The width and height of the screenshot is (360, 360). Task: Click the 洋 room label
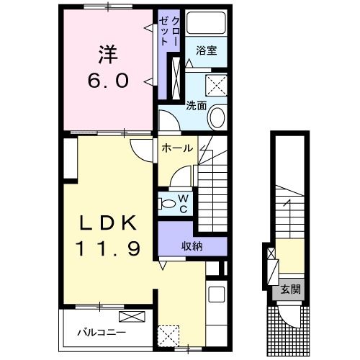pyautogui.click(x=108, y=55)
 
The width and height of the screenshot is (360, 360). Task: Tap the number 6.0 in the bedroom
pyautogui.click(x=108, y=81)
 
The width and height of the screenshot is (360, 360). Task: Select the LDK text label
pyautogui.click(x=108, y=222)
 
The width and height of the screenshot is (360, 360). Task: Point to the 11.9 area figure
pyautogui.click(x=108, y=248)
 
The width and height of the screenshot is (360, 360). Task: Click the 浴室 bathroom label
pyautogui.click(x=207, y=50)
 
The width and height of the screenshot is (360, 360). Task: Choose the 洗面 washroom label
pyautogui.click(x=197, y=105)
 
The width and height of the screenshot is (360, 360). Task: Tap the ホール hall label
pyautogui.click(x=177, y=148)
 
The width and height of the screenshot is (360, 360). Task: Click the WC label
pyautogui.click(x=183, y=204)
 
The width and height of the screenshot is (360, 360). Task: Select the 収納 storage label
pyautogui.click(x=192, y=246)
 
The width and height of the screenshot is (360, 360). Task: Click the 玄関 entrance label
pyautogui.click(x=291, y=289)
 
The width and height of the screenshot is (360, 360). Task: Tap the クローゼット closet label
pyautogui.click(x=169, y=30)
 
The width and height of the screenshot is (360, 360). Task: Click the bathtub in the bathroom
pyautogui.click(x=206, y=23)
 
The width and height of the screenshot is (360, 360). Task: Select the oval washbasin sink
pyautogui.click(x=217, y=117)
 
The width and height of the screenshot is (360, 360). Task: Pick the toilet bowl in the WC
pyautogui.click(x=167, y=204)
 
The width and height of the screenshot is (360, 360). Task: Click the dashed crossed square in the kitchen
pyautogui.click(x=168, y=336)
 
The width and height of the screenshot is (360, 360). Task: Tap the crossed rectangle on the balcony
pyautogui.click(x=132, y=316)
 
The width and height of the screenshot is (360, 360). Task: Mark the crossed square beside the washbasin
pyautogui.click(x=216, y=85)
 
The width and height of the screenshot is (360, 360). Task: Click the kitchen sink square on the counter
pyautogui.click(x=217, y=294)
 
